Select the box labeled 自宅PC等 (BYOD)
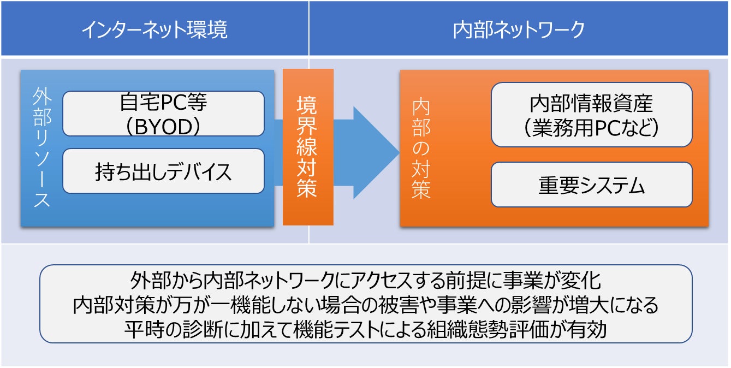[163, 114]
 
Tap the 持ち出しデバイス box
[163, 171]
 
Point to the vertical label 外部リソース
[41, 147]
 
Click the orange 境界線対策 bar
[308, 147]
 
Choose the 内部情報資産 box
[591, 115]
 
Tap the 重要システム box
[591, 185]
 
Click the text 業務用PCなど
[591, 127]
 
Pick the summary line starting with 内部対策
[366, 305]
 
